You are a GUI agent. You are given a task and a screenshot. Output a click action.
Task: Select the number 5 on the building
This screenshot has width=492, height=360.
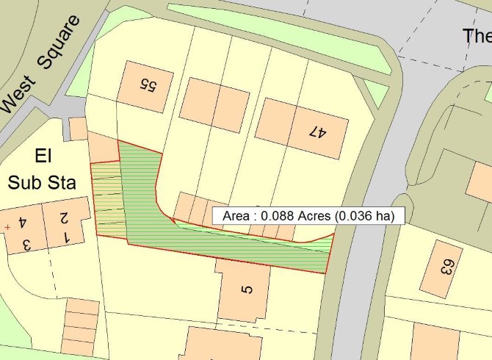(247, 289)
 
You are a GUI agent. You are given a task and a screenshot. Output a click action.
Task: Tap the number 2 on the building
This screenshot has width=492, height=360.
(64, 217)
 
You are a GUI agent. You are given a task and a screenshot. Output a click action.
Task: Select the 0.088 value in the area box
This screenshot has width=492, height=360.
(277, 216)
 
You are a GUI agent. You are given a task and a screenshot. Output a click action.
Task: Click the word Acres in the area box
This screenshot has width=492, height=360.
(315, 216)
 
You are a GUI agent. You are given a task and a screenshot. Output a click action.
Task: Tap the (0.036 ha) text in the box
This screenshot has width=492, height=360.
(365, 216)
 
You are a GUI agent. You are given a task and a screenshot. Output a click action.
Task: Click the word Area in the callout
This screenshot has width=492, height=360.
(235, 216)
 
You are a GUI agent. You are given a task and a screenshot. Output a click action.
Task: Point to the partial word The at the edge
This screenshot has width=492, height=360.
(477, 35)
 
